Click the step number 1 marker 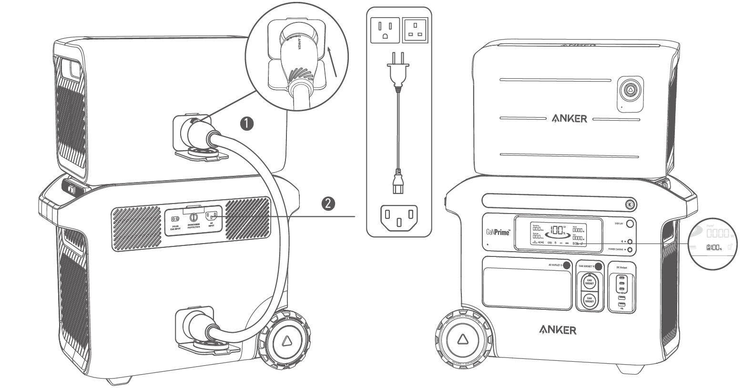(x=246, y=124)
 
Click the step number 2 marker (x=327, y=204)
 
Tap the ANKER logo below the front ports (x=557, y=329)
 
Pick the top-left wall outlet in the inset (x=385, y=30)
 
